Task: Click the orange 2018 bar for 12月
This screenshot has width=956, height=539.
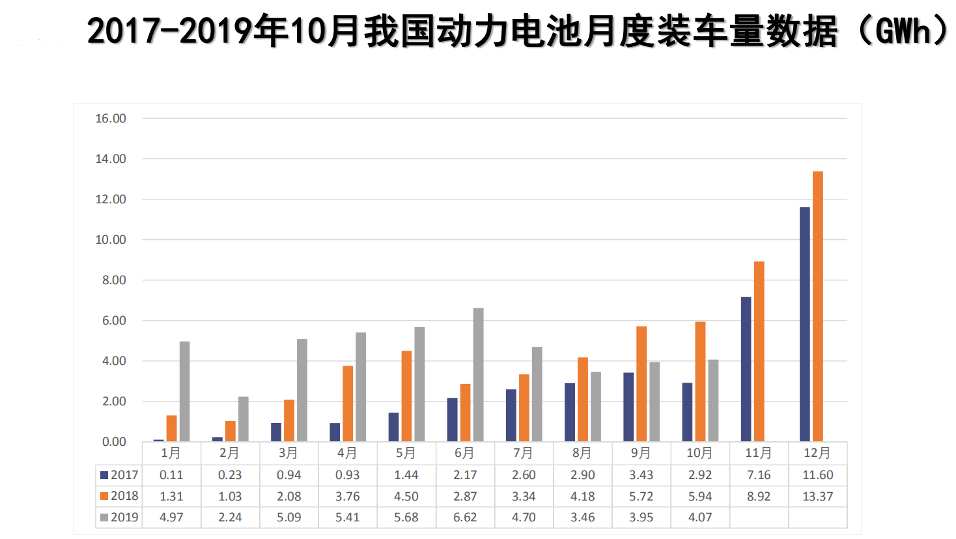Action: tap(817, 306)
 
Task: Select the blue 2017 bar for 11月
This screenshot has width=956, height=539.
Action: tap(746, 369)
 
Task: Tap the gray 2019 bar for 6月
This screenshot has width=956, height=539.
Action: tap(478, 375)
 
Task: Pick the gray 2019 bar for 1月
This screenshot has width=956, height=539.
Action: tap(184, 391)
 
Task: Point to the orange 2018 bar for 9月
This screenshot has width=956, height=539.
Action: tap(641, 384)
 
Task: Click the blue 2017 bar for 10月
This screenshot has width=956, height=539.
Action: tap(687, 412)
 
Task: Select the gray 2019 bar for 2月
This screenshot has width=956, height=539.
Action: tap(243, 419)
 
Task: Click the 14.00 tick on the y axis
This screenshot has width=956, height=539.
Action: tap(111, 159)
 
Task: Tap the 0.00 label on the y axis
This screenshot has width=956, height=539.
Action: tap(113, 442)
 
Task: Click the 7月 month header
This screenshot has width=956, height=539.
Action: tap(523, 453)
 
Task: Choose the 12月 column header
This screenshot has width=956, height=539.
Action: tap(817, 453)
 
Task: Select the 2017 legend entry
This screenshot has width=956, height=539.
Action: tap(119, 475)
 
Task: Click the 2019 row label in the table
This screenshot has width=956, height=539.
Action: tap(119, 517)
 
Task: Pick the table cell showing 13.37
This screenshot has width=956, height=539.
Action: tap(817, 497)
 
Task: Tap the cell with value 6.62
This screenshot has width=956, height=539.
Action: tap(465, 517)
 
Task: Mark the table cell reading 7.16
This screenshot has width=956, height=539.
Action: tap(759, 475)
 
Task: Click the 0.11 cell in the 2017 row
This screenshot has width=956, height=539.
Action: tap(171, 475)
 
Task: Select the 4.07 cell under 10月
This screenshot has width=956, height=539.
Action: tap(700, 517)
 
